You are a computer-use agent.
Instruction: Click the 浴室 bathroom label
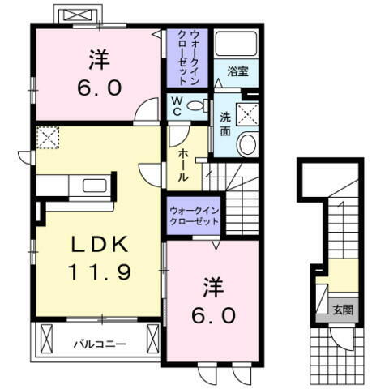[237, 72]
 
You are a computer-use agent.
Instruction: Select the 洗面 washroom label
[226, 123]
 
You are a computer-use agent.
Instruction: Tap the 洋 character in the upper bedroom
[98, 58]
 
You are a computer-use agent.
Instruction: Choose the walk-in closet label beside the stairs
[194, 215]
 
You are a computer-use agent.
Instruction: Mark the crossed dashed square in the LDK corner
[49, 138]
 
